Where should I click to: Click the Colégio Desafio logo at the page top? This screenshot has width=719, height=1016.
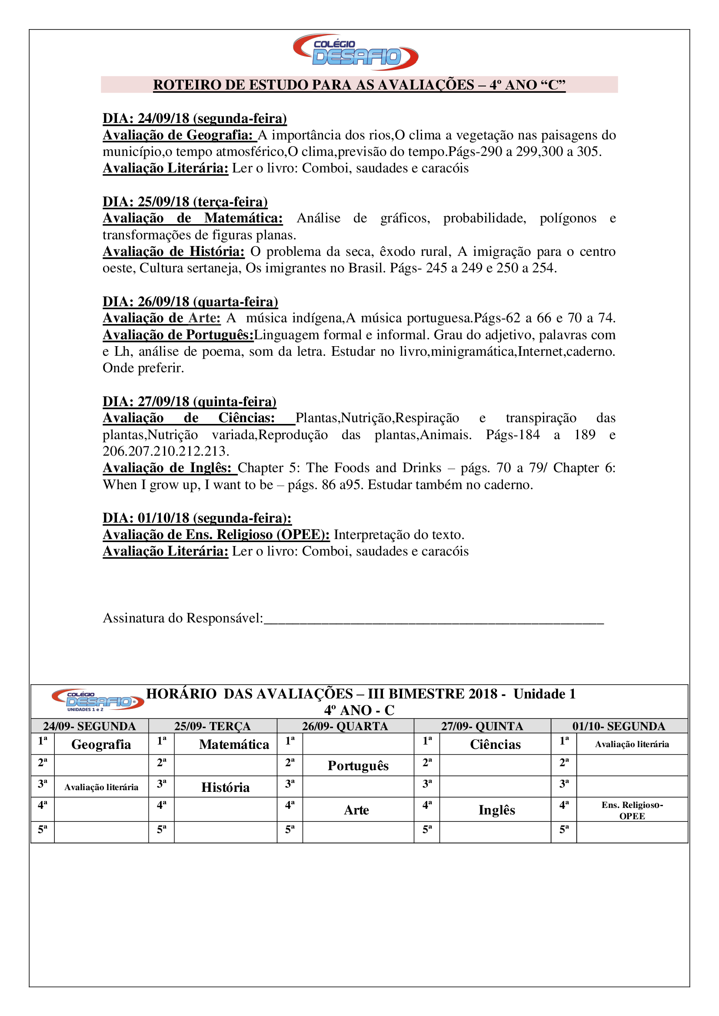tap(356, 52)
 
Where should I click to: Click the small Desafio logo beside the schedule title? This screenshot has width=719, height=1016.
tap(98, 700)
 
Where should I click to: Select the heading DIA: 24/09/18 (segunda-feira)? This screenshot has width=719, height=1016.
tap(195, 119)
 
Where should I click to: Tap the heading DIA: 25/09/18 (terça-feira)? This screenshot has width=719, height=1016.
tap(185, 202)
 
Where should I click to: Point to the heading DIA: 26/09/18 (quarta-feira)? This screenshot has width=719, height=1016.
tap(190, 302)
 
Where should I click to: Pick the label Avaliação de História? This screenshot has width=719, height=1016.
tap(173, 252)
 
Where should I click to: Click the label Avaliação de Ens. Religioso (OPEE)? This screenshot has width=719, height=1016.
tap(216, 535)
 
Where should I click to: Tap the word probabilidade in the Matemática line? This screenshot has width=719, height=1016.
tap(484, 218)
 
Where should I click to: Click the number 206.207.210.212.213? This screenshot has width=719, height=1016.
tap(166, 451)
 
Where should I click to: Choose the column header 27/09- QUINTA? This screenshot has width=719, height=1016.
tap(482, 726)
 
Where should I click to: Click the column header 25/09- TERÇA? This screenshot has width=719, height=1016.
tap(213, 726)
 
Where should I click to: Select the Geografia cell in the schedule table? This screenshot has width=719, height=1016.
tap(101, 745)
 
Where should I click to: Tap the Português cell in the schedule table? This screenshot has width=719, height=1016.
tap(358, 765)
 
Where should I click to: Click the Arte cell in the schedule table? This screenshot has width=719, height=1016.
tap(356, 810)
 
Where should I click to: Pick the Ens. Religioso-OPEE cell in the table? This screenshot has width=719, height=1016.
tap(632, 810)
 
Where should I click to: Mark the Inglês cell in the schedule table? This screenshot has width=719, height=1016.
tap(497, 810)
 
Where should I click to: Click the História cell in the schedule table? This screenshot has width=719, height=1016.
tap(225, 787)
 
